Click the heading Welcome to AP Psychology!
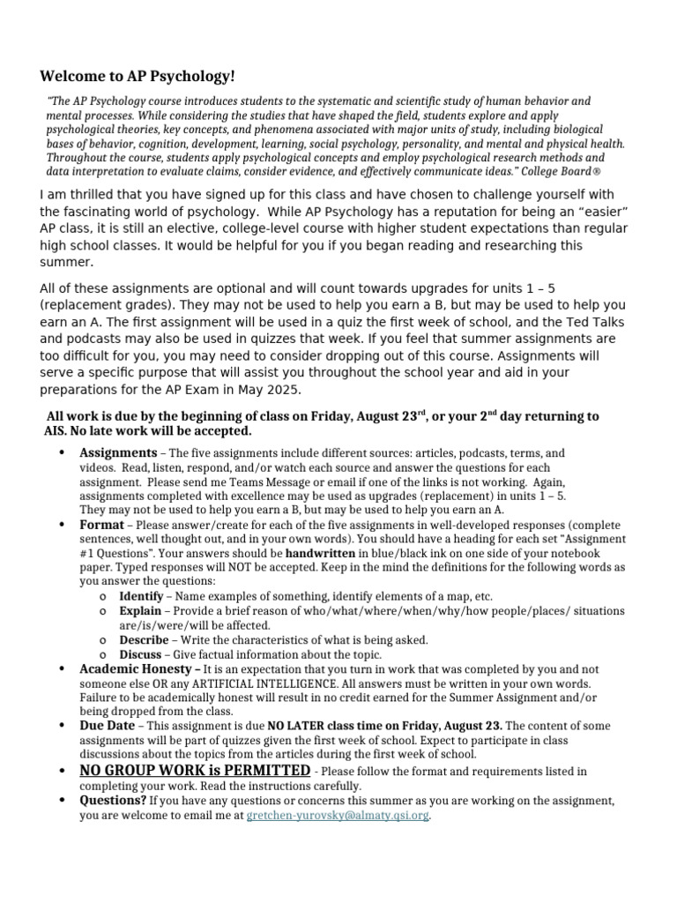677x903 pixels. [x=138, y=77]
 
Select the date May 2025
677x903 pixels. [x=268, y=391]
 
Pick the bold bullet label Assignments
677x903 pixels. [x=118, y=452]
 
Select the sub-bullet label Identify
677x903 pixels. [x=141, y=596]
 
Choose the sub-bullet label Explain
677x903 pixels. [x=140, y=610]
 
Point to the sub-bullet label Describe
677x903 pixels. [x=143, y=639]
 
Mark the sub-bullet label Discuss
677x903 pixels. [x=141, y=654]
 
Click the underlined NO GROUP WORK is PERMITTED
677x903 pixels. [x=195, y=770]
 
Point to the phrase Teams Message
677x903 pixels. [x=249, y=482]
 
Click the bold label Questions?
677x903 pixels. [x=113, y=801]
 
